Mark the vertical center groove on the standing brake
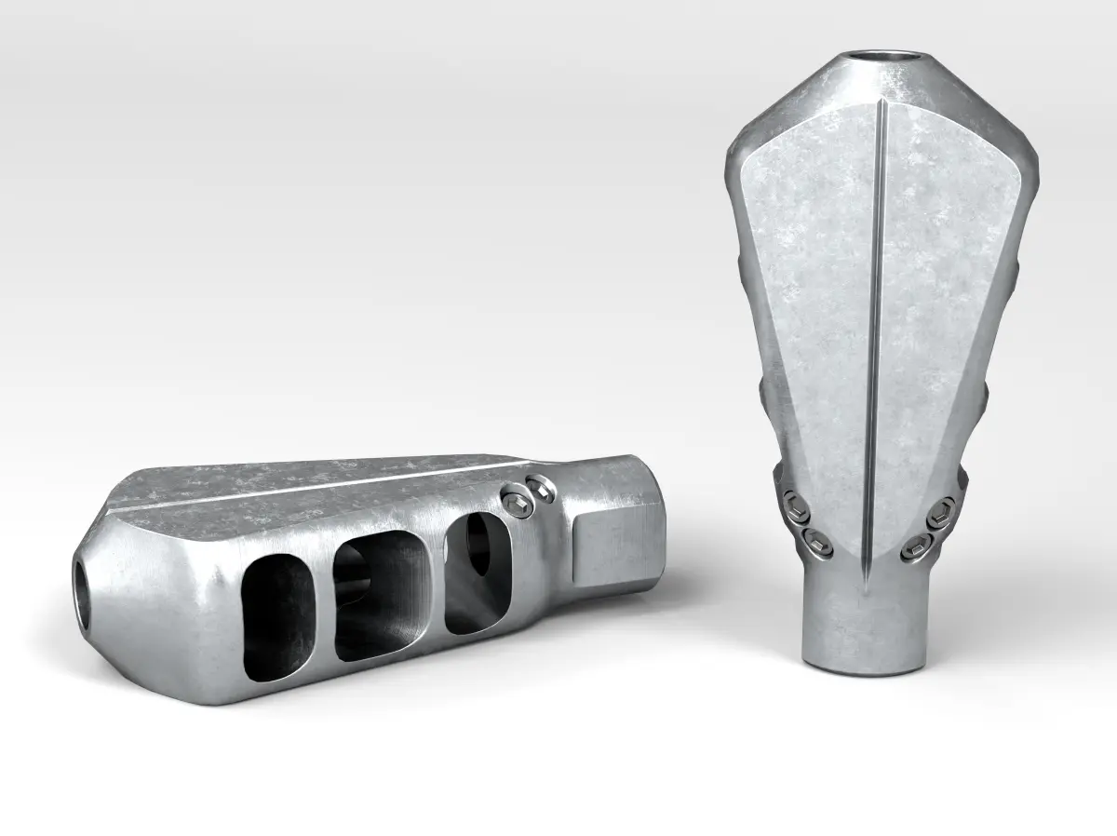point(877,326)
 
